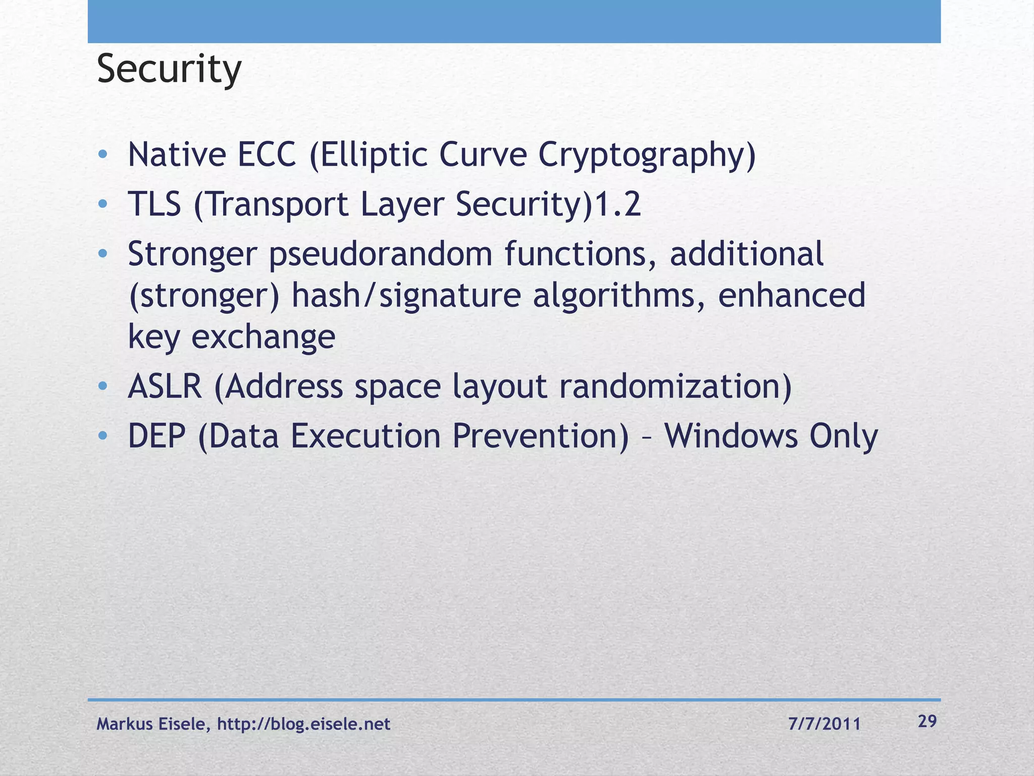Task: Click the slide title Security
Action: [169, 70]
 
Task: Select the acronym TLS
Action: [154, 204]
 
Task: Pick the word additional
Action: [746, 254]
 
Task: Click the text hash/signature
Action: [406, 296]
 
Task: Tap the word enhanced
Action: [791, 296]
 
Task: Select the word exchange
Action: [263, 337]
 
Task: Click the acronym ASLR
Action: [165, 386]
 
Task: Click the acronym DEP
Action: [157, 436]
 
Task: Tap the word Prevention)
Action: [540, 436]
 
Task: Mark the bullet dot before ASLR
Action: [103, 386]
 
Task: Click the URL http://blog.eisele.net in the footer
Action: [303, 724]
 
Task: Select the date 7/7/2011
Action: [824, 724]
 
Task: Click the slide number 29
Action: [927, 721]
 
